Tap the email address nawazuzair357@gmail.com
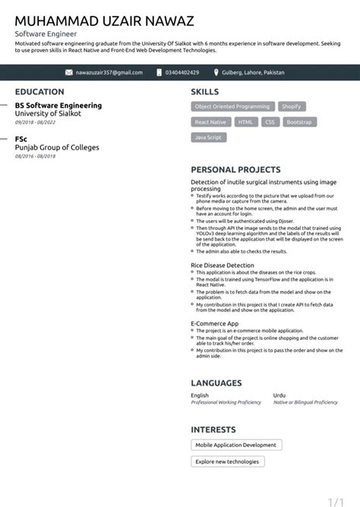[x=109, y=72]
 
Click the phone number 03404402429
[x=182, y=72]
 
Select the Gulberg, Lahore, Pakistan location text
[x=253, y=72]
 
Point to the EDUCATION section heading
[x=39, y=91]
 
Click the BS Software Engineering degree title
[x=58, y=105]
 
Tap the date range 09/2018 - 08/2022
[x=36, y=121]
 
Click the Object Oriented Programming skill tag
[x=232, y=106]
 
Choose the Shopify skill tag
[x=292, y=106]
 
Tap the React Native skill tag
[x=210, y=121]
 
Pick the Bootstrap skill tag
[x=299, y=121]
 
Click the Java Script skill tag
[x=208, y=137]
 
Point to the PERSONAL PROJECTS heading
[x=235, y=170]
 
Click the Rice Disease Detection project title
[x=223, y=265]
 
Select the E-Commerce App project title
[x=214, y=323]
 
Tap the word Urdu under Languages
[x=279, y=395]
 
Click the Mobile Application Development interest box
[x=236, y=445]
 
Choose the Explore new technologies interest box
[x=227, y=461]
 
